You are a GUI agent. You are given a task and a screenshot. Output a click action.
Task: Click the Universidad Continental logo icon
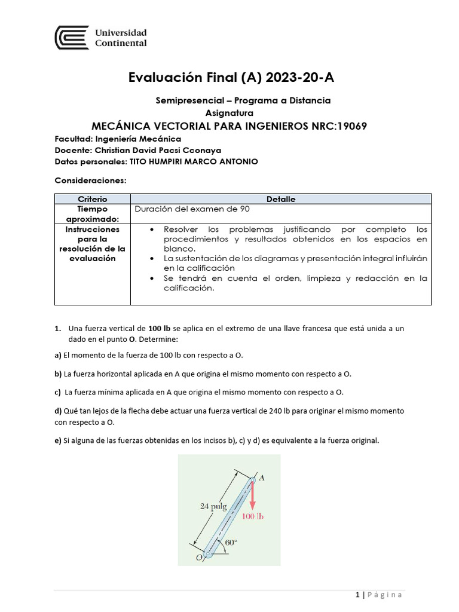(x=72, y=38)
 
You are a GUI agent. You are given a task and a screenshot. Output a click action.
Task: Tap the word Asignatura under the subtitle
(x=229, y=112)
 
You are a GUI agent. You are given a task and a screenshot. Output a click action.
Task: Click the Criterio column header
(x=92, y=199)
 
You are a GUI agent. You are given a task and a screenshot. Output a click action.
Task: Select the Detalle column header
(x=281, y=199)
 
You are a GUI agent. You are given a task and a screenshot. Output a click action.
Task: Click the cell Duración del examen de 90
(x=192, y=209)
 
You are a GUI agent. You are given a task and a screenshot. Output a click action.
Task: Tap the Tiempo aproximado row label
(x=92, y=214)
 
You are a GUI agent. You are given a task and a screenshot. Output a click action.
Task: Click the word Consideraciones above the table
(x=90, y=180)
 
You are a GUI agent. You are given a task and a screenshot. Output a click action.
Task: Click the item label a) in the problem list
(x=58, y=355)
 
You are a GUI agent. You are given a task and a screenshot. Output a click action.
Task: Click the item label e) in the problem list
(x=58, y=440)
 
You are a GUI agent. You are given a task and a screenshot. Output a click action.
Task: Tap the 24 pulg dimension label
(x=213, y=506)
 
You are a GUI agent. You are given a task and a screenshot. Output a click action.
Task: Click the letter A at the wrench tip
(x=262, y=477)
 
